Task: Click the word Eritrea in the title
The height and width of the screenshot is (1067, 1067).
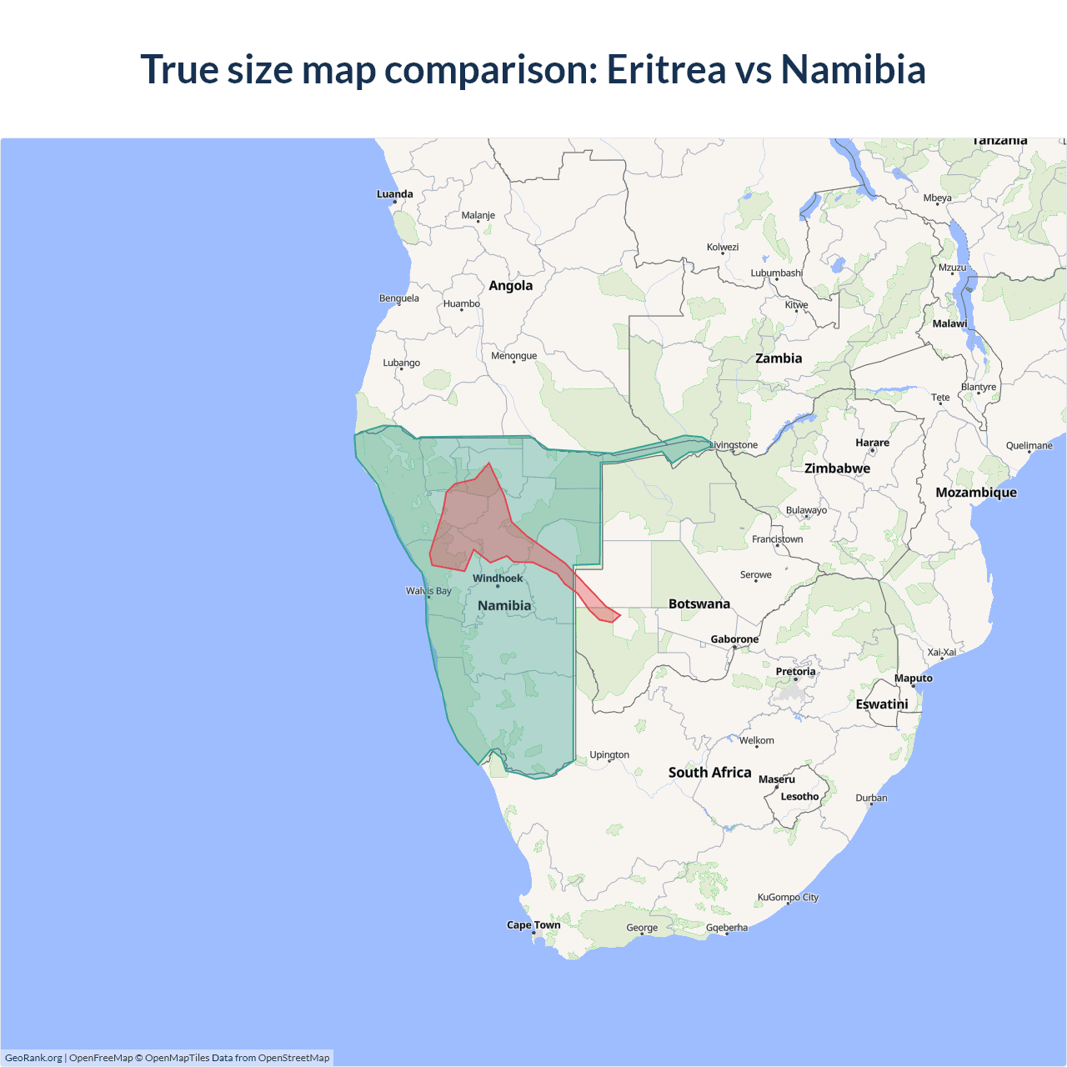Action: click(666, 69)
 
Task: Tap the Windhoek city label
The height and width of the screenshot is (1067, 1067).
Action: click(498, 579)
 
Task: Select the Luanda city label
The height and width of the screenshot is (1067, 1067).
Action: click(394, 194)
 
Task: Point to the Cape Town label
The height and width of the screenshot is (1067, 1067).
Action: click(533, 925)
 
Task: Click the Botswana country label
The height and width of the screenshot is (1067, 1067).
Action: click(699, 604)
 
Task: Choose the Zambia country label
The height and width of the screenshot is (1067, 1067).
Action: click(779, 358)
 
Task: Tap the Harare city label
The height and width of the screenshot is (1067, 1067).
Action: click(872, 443)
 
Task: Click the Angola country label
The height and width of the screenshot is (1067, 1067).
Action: click(510, 285)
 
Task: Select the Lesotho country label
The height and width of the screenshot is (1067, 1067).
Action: click(799, 796)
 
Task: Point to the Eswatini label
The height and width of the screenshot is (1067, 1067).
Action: click(881, 704)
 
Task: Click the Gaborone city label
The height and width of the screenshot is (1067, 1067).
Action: click(734, 639)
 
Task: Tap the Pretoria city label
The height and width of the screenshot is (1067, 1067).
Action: click(795, 672)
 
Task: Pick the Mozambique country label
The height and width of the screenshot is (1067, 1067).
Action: click(975, 493)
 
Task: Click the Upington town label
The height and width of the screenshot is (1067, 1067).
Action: click(609, 755)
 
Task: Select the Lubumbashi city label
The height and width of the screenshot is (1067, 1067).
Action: click(776, 273)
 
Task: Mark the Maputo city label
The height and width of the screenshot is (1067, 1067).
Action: click(913, 679)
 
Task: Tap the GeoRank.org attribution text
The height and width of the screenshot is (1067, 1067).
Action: click(33, 1058)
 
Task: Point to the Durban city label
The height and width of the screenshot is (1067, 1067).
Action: click(871, 798)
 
